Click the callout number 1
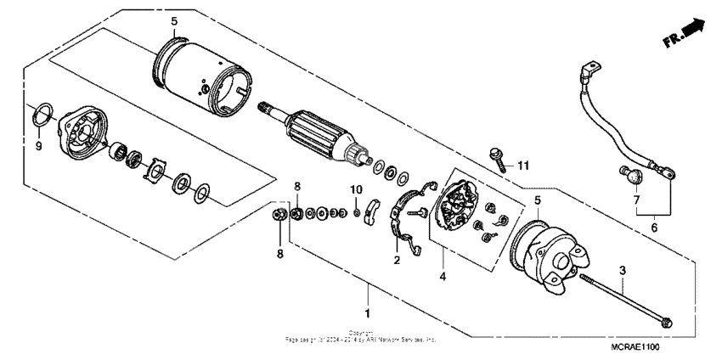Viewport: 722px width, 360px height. coord(368,301)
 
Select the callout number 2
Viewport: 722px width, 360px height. coord(396,260)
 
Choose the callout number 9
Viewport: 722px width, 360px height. coord(37,145)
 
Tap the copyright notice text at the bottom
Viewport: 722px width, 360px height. coord(361,336)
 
